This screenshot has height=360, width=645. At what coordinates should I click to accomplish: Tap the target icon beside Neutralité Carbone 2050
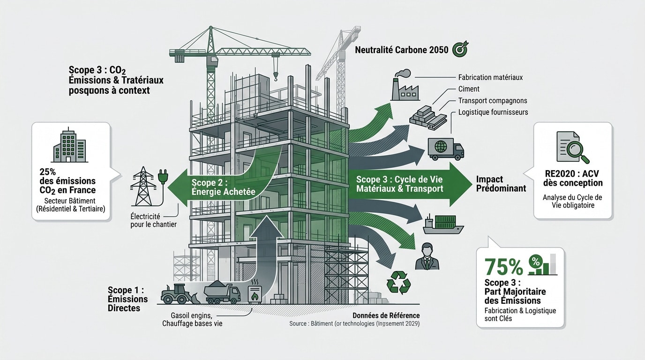460,49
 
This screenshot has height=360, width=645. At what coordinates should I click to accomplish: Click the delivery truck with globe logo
446,149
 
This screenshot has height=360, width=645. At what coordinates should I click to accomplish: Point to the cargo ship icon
443,224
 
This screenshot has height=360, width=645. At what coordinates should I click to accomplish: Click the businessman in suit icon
427,256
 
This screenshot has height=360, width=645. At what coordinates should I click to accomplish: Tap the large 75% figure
503,267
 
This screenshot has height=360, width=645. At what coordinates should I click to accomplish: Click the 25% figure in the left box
47,172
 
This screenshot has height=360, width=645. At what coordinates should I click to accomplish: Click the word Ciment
469,89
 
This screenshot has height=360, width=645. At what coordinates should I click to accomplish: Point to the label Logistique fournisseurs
493,112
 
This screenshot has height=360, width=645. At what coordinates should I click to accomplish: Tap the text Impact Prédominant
501,184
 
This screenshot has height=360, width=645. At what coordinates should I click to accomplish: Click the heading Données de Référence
386,315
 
